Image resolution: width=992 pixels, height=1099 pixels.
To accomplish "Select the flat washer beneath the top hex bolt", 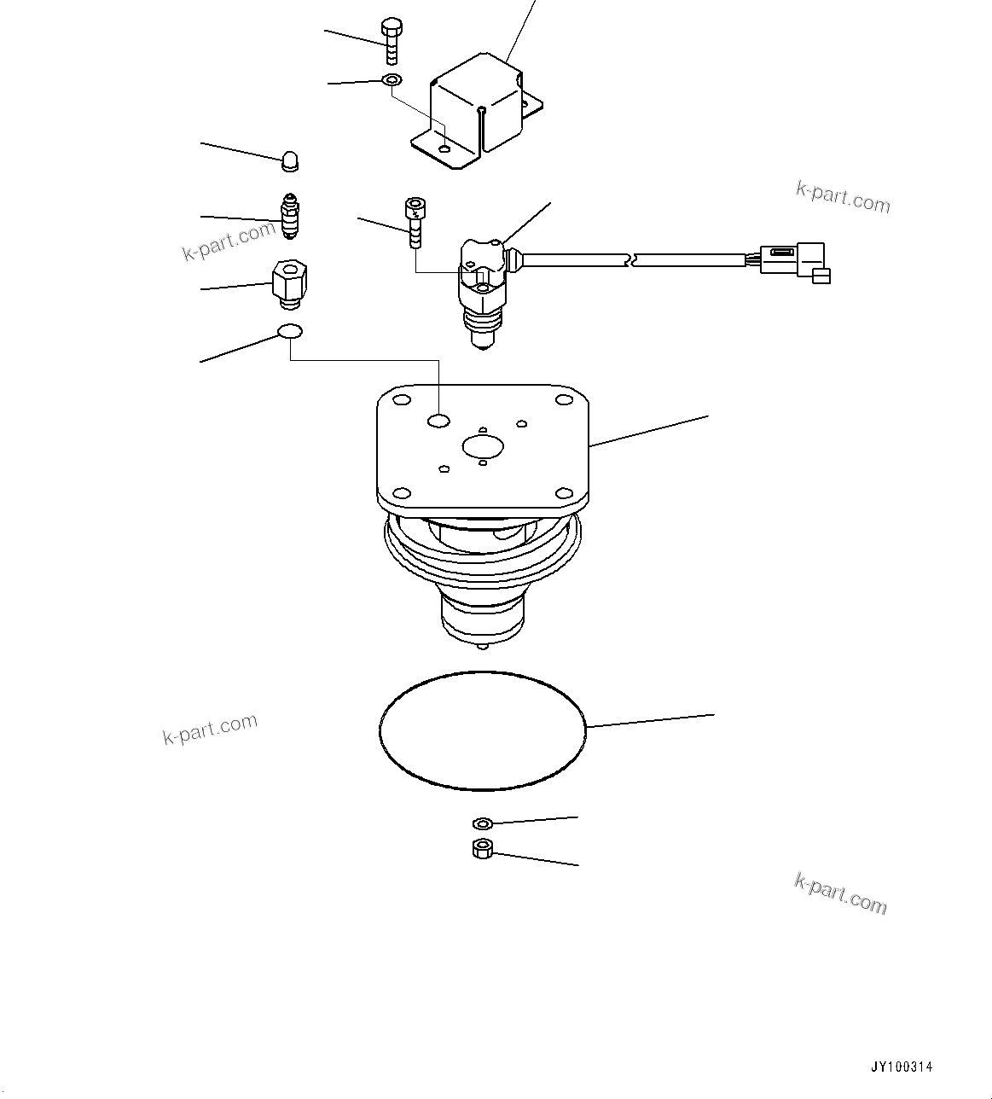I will click(x=392, y=80).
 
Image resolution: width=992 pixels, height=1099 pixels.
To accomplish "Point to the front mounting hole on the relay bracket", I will click(x=444, y=149).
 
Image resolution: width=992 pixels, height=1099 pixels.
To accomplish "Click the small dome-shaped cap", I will click(x=291, y=160).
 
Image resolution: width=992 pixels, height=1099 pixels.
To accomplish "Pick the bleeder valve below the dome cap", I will click(x=290, y=217).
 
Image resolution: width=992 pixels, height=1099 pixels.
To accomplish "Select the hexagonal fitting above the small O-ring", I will click(x=290, y=282).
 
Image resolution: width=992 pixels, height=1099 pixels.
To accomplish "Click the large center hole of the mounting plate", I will click(x=483, y=445).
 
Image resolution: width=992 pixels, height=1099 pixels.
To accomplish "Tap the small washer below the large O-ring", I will click(x=483, y=823).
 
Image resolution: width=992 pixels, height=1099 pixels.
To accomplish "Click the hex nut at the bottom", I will click(x=483, y=848).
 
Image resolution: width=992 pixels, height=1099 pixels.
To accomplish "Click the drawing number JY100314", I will click(x=902, y=1067).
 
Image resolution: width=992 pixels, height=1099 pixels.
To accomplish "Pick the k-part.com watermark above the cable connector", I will click(x=843, y=198).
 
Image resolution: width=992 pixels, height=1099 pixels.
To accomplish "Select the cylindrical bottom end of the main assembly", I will click(x=483, y=619).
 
